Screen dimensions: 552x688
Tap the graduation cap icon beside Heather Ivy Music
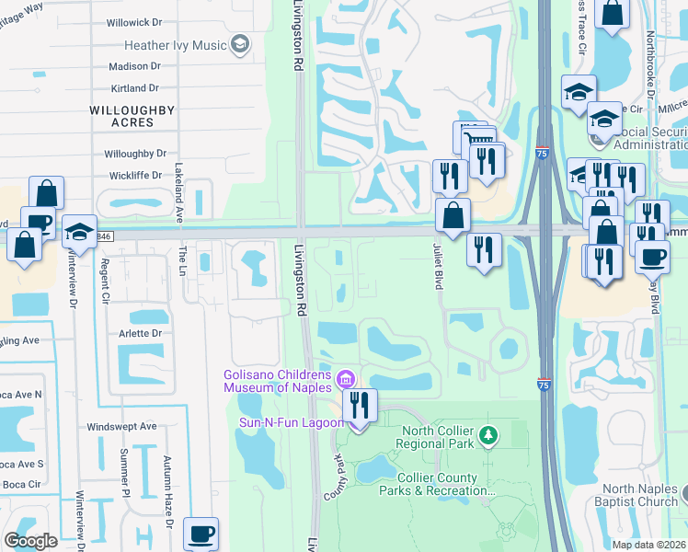point(240,44)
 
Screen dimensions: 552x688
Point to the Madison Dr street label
point(134,66)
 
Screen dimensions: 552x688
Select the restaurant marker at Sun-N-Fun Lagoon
point(360,404)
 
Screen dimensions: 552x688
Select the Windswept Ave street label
point(121,428)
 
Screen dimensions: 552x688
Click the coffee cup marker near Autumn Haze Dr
point(201,533)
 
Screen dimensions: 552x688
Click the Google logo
point(30,541)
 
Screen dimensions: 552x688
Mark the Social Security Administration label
point(647,138)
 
